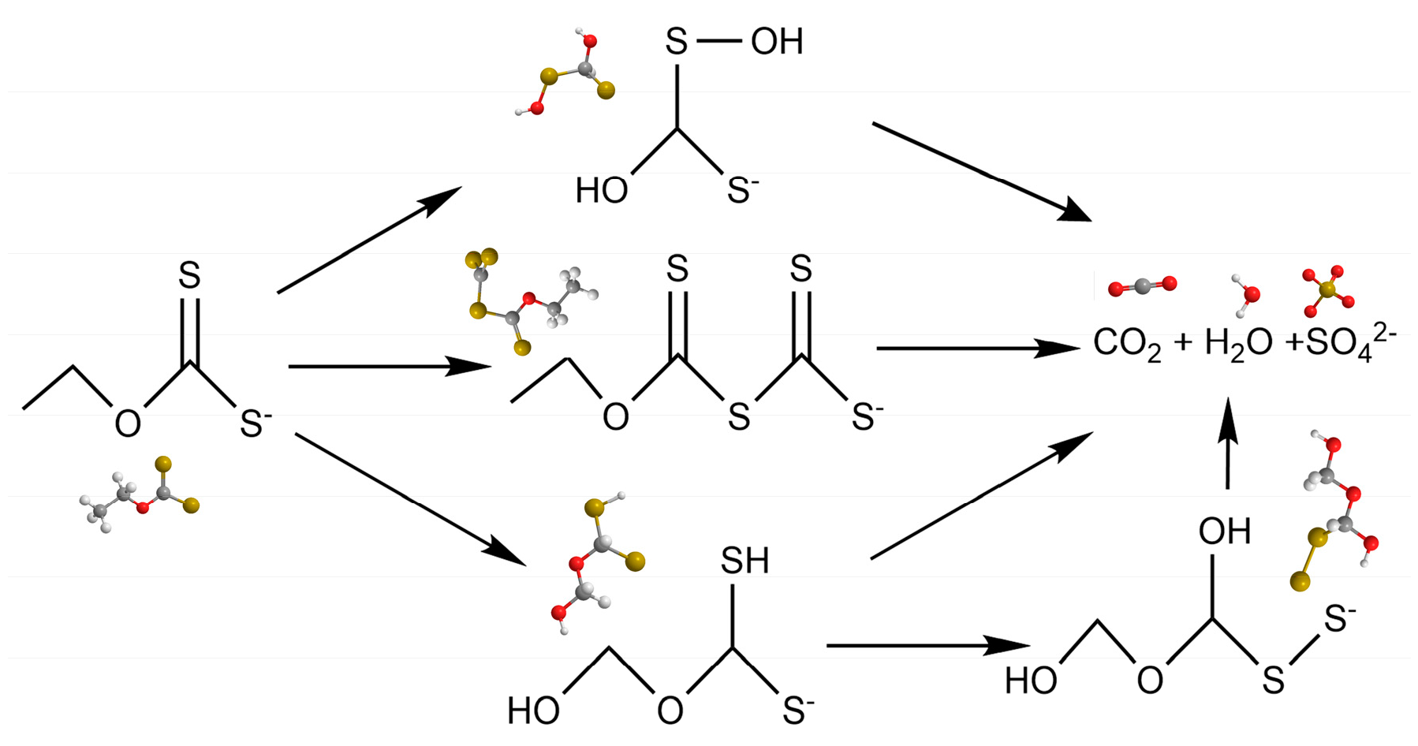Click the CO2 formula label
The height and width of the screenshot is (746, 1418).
coord(1126,345)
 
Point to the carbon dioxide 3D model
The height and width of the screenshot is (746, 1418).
coord(1142,286)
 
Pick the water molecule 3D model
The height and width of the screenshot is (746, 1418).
coord(1246,293)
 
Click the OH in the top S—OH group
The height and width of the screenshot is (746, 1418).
coord(777,41)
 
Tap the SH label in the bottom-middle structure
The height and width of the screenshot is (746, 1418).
coord(744,561)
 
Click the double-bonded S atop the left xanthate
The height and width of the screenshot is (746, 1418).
coord(189,275)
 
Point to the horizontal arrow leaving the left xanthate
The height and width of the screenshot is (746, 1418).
coord(390,366)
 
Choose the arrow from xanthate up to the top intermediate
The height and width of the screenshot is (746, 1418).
coord(369,240)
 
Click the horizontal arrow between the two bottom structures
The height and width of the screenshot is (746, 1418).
coord(927,645)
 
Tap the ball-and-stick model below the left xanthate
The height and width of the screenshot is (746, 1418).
coord(140,493)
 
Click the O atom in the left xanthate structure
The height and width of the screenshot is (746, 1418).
coord(128,423)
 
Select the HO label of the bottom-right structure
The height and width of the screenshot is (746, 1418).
coord(1030,681)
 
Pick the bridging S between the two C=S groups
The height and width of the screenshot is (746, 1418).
coord(739,416)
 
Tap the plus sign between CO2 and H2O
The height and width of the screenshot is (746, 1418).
coord(1182,343)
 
